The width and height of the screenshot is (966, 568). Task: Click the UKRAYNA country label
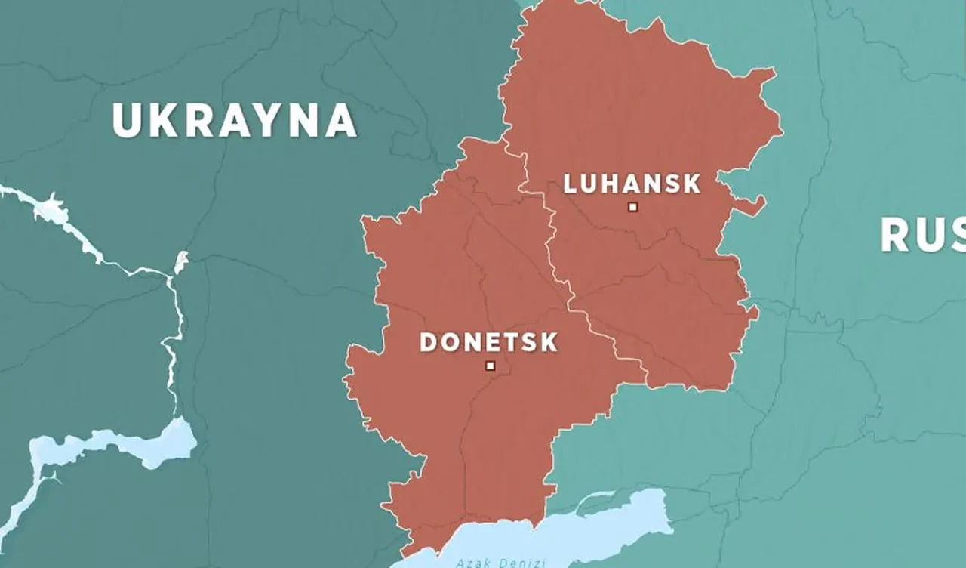click(x=234, y=120)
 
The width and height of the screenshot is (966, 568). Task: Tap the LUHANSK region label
click(x=632, y=184)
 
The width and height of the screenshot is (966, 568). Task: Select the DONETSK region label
click(x=489, y=342)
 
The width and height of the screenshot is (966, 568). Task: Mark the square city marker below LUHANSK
click(x=633, y=206)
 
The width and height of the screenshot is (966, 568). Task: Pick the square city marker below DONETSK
click(x=491, y=366)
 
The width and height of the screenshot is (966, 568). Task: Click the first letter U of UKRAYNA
click(x=126, y=120)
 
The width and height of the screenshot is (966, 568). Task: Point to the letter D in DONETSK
click(x=429, y=342)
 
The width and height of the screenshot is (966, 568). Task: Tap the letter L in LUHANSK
click(x=571, y=184)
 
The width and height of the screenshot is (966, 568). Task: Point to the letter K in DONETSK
click(x=548, y=342)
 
